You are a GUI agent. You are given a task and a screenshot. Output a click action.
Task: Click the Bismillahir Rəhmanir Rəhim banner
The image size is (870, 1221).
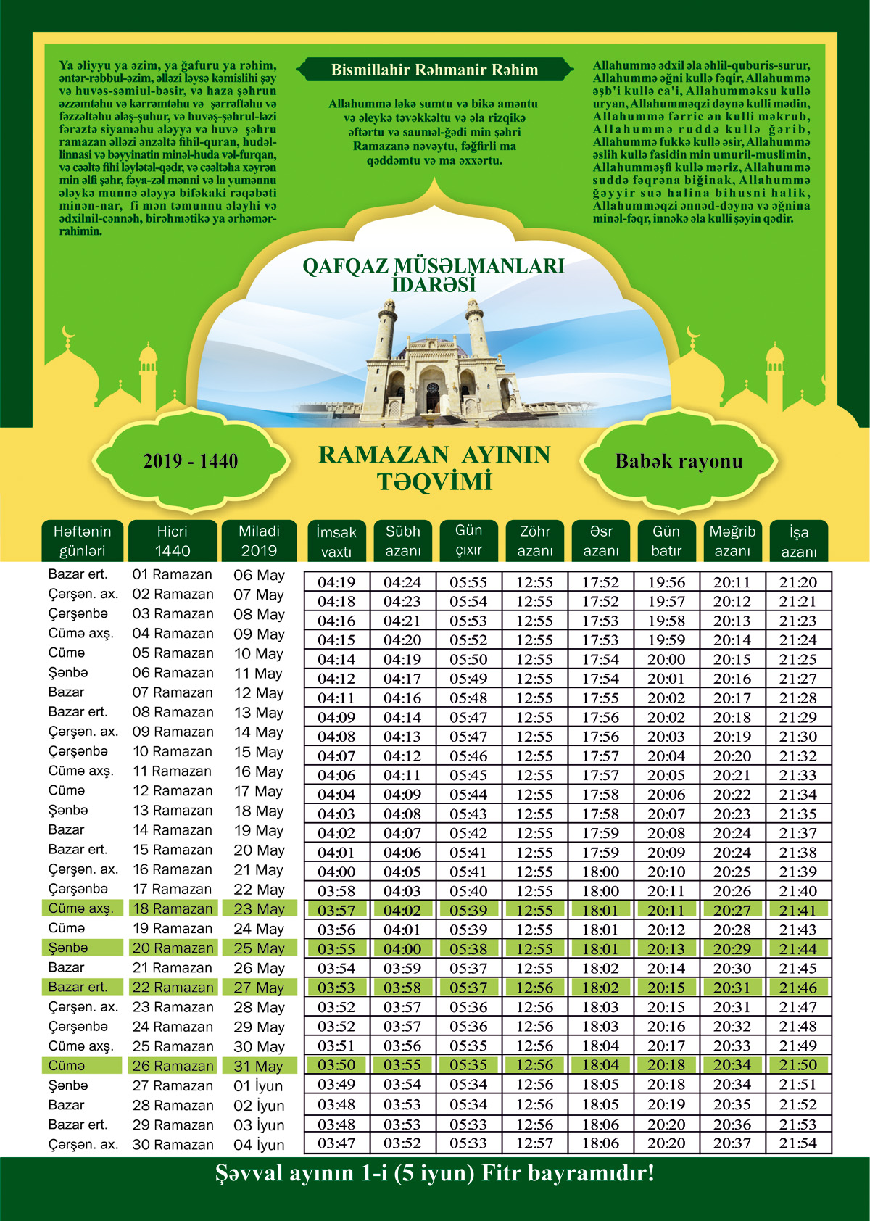click(x=434, y=70)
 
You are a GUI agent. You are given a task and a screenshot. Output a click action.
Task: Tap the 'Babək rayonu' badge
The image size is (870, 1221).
click(x=679, y=461)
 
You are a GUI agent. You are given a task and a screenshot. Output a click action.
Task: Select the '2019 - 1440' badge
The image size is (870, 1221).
click(x=191, y=461)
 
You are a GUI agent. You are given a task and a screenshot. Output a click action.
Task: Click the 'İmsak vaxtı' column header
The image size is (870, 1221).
click(x=336, y=541)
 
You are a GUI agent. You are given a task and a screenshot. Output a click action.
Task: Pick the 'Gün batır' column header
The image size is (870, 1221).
click(x=666, y=541)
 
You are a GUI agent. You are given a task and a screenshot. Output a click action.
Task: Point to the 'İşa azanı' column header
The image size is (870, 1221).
click(x=798, y=541)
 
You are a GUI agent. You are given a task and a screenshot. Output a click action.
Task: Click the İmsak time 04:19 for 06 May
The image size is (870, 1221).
click(x=336, y=582)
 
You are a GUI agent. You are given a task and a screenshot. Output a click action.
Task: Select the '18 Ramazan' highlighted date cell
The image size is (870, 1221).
click(x=173, y=908)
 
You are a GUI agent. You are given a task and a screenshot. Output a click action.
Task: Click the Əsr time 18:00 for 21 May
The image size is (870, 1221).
click(x=600, y=872)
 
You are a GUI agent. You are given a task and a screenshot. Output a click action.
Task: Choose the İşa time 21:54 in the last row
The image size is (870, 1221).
click(x=797, y=1143)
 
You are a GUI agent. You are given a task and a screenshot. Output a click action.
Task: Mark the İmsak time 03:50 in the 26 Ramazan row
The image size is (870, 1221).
click(x=336, y=1065)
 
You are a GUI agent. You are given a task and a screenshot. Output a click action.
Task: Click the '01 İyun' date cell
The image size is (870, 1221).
click(x=259, y=1086)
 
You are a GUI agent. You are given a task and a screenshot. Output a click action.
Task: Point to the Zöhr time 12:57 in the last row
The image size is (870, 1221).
click(x=534, y=1143)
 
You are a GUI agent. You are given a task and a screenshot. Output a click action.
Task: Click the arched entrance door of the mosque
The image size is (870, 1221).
click(x=433, y=396)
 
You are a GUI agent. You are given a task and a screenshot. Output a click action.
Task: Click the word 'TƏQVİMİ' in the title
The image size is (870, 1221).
click(x=434, y=482)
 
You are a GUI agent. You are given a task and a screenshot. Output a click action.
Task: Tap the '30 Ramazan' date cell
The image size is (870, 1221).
click(x=173, y=1145)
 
